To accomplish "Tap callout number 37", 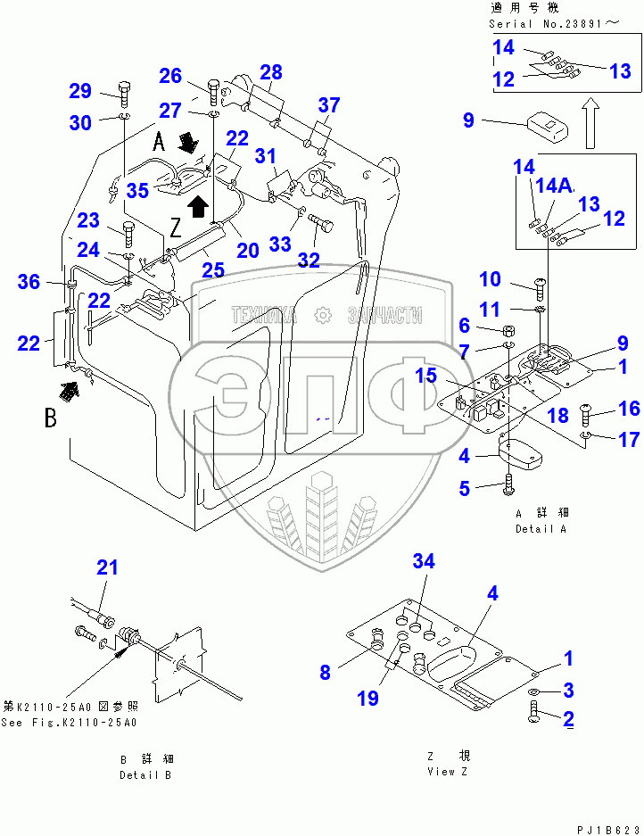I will point(329,105).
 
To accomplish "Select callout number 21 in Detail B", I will point(108,567).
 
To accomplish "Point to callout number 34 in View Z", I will point(424,561).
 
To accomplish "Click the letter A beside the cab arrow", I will point(159,142).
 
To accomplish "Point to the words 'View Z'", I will point(448,772).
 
